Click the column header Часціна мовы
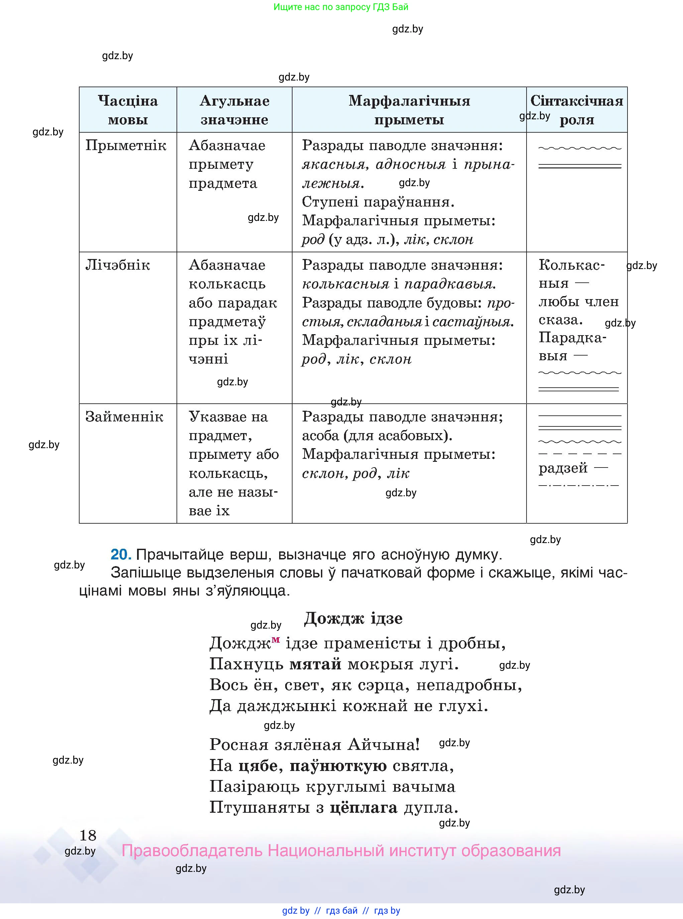click(128, 110)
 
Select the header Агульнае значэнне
click(234, 110)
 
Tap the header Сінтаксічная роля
click(577, 110)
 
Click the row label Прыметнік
click(126, 145)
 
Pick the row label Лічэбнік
click(117, 265)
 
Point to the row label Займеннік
click(124, 416)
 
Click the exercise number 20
click(121, 554)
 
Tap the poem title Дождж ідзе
click(353, 619)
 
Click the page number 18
click(88, 835)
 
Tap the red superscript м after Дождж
click(276, 640)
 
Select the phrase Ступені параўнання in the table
click(378, 202)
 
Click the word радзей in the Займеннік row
click(563, 468)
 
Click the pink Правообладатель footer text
click(341, 851)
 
